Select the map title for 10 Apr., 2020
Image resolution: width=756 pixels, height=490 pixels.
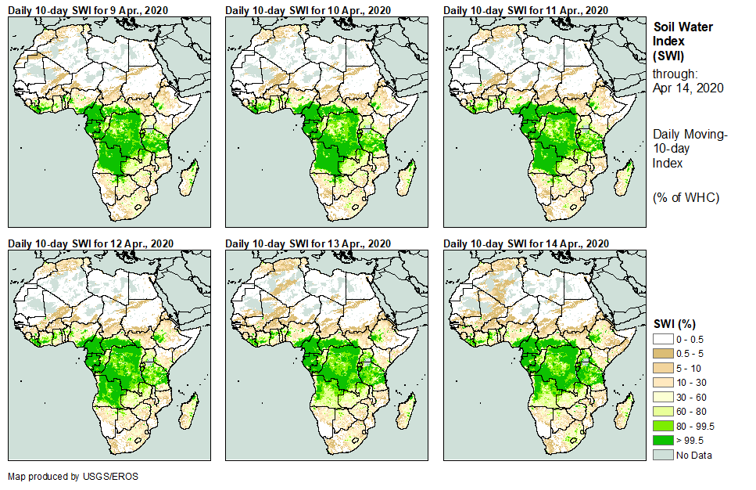tap(308, 10)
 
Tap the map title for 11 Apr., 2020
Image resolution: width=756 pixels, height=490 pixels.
tap(525, 10)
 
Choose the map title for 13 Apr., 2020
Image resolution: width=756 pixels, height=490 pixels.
tap(308, 245)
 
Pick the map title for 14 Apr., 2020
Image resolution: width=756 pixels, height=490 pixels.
tap(525, 245)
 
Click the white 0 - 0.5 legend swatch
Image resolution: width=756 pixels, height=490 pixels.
tap(663, 338)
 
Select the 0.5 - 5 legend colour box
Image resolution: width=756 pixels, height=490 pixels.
tap(663, 352)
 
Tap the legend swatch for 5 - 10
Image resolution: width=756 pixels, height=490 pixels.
tap(663, 367)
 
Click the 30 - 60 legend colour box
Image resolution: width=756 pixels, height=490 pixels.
tap(663, 397)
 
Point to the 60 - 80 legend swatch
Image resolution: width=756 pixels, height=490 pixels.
tap(663, 411)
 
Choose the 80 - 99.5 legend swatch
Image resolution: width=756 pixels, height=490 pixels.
tap(663, 426)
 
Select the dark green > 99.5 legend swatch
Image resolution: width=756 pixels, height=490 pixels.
tap(663, 441)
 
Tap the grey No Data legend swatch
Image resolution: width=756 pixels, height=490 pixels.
tap(663, 456)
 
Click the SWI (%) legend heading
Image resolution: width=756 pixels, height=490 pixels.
tap(675, 323)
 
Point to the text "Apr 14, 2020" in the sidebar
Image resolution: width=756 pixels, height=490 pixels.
tap(688, 88)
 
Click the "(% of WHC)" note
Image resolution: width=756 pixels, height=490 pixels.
tap(686, 197)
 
